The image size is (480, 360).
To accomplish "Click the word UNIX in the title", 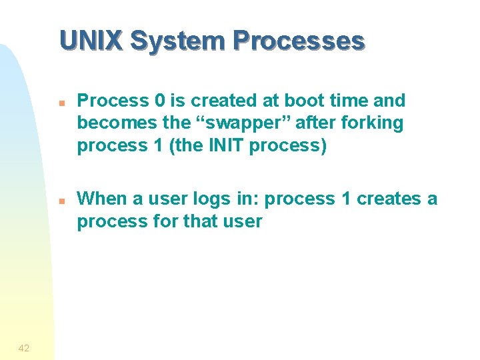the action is coord(91,41).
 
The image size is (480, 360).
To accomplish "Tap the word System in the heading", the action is coord(175,41).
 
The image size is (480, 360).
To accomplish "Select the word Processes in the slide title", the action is coord(298,41).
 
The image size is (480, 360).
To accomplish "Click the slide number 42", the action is coord(24,347).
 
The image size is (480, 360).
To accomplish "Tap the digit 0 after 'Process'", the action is coord(159,101).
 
